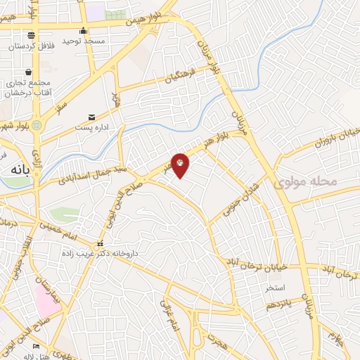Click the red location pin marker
tap(180, 164)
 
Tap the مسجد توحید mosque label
tap(84, 41)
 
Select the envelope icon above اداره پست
tap(91, 117)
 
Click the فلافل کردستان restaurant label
tap(31, 46)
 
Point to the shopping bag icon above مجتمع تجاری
tap(28, 72)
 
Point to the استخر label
tap(275, 288)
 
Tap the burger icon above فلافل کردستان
tap(31, 35)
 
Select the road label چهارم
tap(337, 340)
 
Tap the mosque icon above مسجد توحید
tap(84, 30)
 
